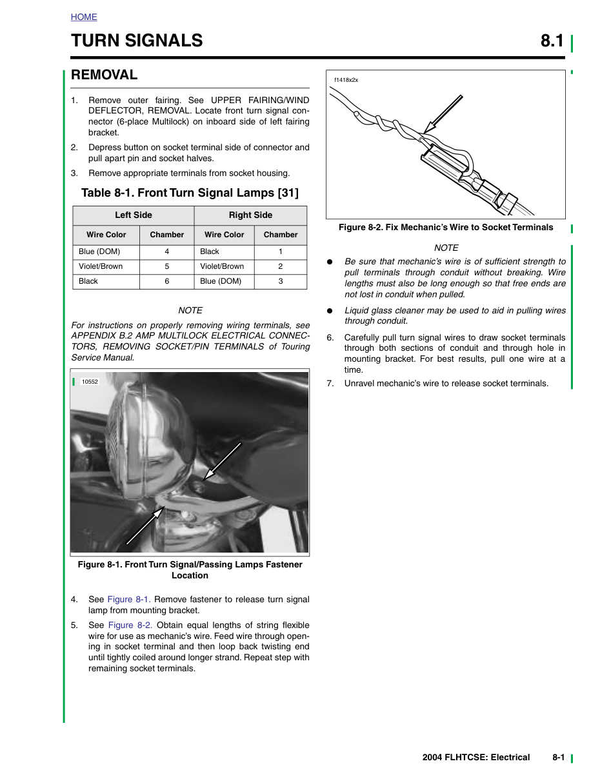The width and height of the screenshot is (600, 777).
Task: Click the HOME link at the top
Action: pos(84,17)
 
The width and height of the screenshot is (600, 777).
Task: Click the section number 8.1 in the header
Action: pos(552,41)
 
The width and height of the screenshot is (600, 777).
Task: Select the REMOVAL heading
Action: pos(104,75)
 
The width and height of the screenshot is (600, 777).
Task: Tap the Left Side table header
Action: pos(134,215)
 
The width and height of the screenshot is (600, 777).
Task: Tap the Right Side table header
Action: pos(250,215)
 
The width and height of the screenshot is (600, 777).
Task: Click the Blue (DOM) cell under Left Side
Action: pos(99,251)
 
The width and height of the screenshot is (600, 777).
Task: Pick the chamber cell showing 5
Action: pos(166,266)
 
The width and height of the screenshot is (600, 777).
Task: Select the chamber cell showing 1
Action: pos(281,251)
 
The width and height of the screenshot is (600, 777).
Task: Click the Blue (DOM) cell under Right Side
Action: pos(221,281)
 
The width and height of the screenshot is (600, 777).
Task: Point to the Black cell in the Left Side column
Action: pos(88,281)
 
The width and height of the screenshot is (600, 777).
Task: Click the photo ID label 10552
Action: pos(90,382)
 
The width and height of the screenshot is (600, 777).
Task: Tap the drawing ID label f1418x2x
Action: pos(346,80)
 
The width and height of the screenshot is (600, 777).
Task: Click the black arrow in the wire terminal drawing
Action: pos(443,114)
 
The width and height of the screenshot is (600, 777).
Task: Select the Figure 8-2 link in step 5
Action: pos(130,625)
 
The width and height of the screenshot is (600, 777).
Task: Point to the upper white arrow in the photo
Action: pos(222,461)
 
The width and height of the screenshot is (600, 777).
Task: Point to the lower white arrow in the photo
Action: pos(145,526)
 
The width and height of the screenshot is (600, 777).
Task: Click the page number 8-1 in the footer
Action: pos(559,758)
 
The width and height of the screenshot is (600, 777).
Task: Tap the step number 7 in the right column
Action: pos(330,383)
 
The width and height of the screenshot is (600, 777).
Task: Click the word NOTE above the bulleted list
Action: pos(446,248)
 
